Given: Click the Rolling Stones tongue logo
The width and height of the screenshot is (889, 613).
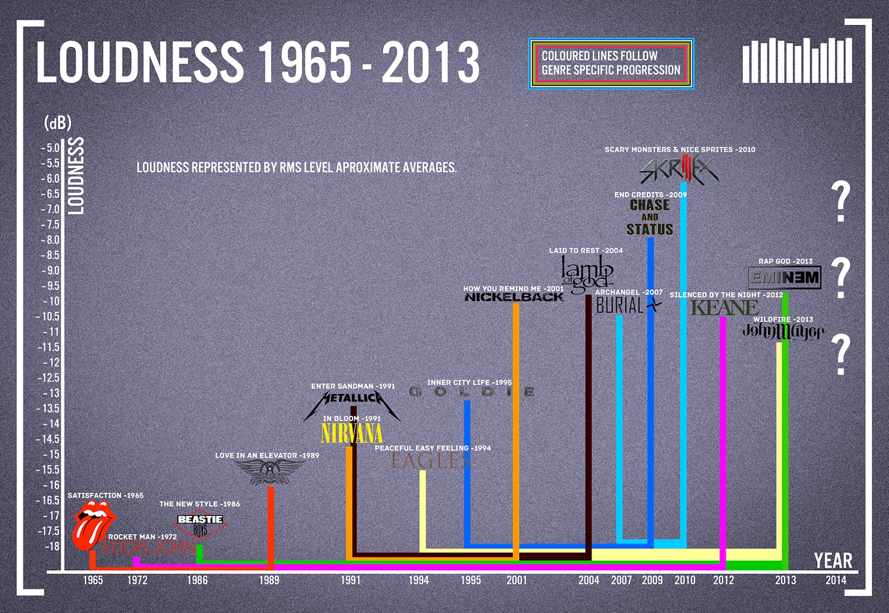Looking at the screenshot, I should tap(93, 525).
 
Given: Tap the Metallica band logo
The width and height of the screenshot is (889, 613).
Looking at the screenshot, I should tap(352, 399).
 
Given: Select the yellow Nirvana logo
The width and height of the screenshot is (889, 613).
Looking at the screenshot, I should tap(352, 434).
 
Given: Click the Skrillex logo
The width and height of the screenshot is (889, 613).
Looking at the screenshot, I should tap(679, 170).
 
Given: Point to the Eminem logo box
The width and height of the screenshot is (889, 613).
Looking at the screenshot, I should tap(784, 278).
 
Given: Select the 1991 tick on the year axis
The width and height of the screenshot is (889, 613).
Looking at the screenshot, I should tap(351, 580).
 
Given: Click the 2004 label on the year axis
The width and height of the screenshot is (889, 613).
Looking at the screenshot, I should tap(588, 580).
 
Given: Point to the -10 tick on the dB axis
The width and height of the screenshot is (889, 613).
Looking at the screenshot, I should tap(51, 302).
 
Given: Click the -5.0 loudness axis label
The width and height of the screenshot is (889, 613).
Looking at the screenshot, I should tap(50, 148).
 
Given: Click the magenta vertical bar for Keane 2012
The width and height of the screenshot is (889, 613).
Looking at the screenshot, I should tap(723, 439).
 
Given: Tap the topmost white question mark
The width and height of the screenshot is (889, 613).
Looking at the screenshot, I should tap(841, 201).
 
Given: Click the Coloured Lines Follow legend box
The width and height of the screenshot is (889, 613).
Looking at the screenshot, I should tap(611, 63).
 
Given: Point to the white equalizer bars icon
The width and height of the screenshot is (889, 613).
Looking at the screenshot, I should tap(797, 61).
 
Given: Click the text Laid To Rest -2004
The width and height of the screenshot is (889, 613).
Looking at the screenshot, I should tap(586, 251).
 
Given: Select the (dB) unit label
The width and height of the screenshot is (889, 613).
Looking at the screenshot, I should tap(58, 123).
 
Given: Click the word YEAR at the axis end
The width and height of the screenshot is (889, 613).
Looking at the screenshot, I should tap(832, 561).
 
